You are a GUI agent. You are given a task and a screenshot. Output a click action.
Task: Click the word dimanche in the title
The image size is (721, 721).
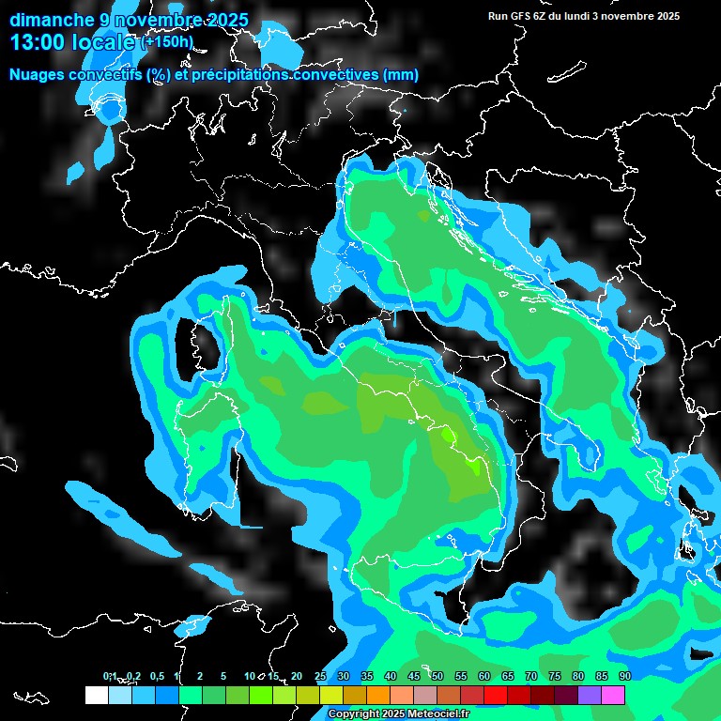coord(53,20)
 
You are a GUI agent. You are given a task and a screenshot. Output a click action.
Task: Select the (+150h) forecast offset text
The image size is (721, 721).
coord(166,42)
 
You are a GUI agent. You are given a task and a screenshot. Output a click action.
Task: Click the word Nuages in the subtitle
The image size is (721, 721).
coord(38,75)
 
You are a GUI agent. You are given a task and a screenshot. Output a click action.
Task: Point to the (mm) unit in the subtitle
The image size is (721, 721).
coord(400,75)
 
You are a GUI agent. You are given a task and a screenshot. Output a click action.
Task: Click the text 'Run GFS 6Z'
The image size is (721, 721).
coord(515,16)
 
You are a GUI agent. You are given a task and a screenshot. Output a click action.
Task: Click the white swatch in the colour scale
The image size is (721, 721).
coord(96,695)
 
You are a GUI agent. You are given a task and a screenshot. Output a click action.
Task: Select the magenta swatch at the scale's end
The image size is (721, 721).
coord(612,695)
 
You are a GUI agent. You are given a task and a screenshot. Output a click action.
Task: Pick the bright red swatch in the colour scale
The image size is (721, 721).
coord(495,695)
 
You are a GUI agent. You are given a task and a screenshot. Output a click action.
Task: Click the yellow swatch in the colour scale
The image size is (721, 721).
coord(330,695)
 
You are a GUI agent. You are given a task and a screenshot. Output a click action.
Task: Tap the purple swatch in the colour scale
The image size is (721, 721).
coord(589,695)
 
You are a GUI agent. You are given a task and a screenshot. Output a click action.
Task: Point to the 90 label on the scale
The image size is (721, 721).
coord(624,676)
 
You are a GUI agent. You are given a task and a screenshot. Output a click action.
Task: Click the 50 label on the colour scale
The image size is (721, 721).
coord(437,676)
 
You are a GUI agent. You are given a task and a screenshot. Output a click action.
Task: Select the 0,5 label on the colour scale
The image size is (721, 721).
coord(156,676)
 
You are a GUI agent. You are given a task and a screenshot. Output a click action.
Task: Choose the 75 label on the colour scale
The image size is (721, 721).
coord(554,676)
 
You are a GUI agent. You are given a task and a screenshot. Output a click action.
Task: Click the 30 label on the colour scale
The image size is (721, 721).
coord(343,676)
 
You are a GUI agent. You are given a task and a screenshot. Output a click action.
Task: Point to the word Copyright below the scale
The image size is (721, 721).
coord(352,713)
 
